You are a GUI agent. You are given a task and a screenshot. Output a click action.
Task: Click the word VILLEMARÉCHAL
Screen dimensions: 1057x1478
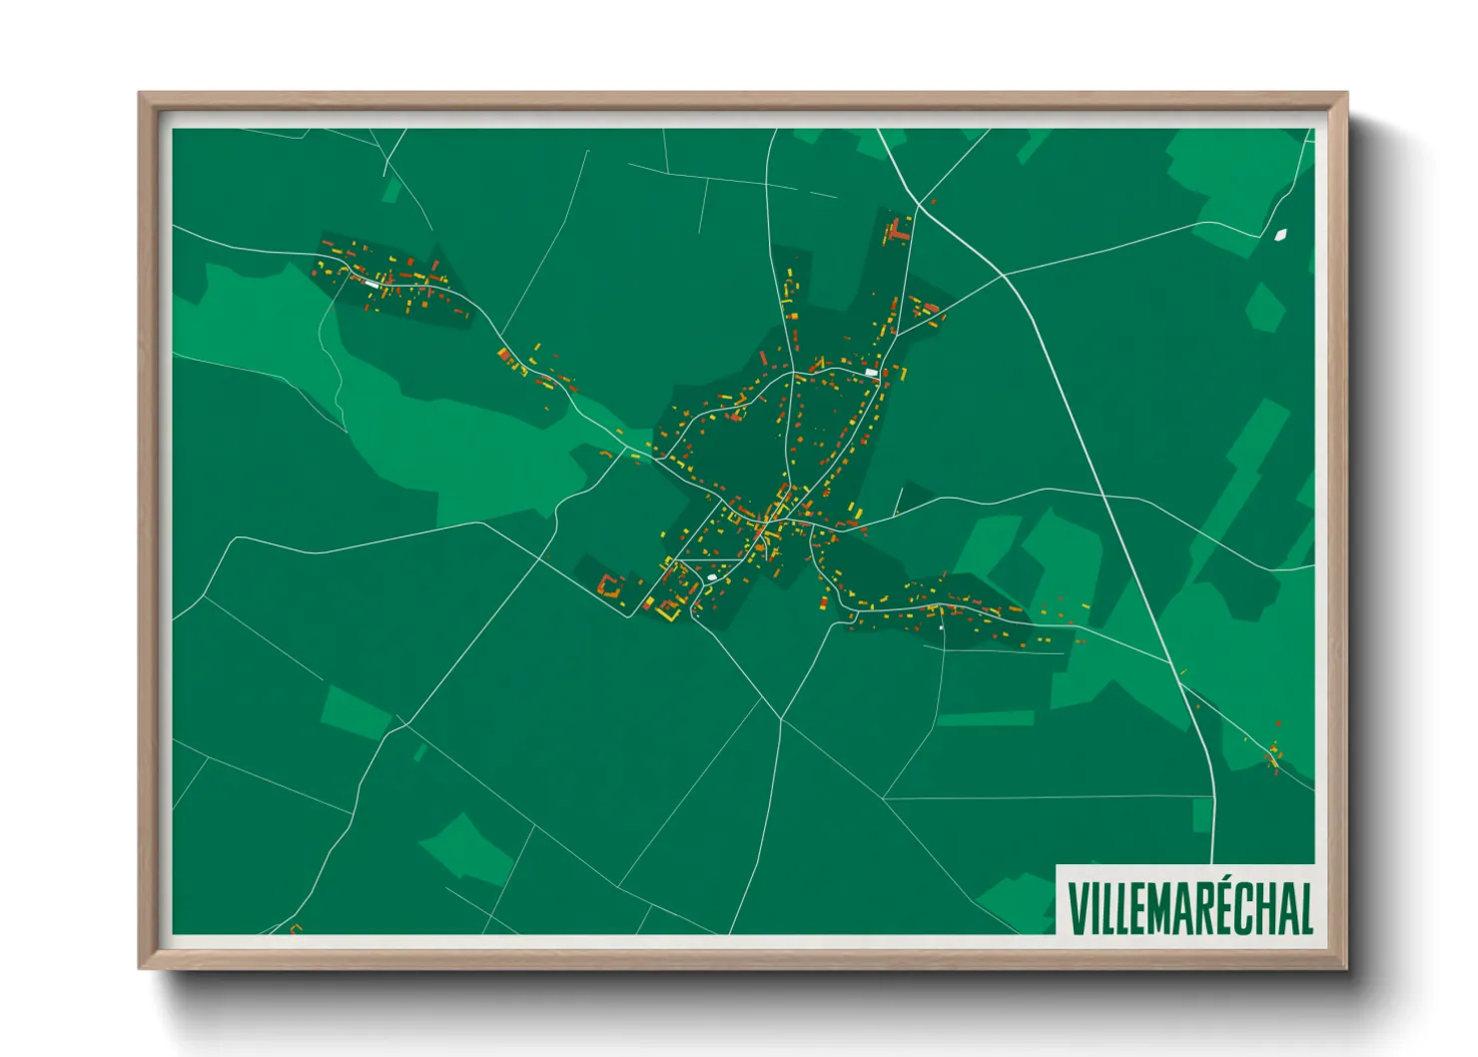coord(1189,907)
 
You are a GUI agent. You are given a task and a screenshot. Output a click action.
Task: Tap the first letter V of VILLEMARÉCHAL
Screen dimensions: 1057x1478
coord(1078,907)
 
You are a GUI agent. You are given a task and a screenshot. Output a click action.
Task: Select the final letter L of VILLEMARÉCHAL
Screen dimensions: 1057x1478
coord(1304,907)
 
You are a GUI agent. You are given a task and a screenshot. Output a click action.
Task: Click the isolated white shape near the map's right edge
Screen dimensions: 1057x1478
coord(1280,235)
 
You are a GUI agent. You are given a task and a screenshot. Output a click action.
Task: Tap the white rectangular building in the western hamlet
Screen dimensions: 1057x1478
coord(373,284)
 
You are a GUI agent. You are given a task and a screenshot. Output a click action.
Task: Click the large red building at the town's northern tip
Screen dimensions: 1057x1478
coord(898,231)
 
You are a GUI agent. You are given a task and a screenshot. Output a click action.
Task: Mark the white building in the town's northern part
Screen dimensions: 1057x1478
coord(871,373)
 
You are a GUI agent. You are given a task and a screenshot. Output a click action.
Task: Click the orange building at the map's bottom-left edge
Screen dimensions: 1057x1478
coord(296,929)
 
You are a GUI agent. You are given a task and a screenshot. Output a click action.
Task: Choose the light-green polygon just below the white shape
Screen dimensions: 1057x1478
coord(1265,307)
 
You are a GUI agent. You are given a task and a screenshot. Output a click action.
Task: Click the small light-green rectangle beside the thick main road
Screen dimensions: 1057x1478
coord(1201,815)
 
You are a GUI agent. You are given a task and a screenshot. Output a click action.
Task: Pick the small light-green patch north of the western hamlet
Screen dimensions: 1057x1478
coord(391,189)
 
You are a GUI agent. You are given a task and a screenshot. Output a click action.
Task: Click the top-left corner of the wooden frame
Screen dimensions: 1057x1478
coord(140,94)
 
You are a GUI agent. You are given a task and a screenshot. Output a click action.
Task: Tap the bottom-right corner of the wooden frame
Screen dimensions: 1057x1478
coord(1346,968)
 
